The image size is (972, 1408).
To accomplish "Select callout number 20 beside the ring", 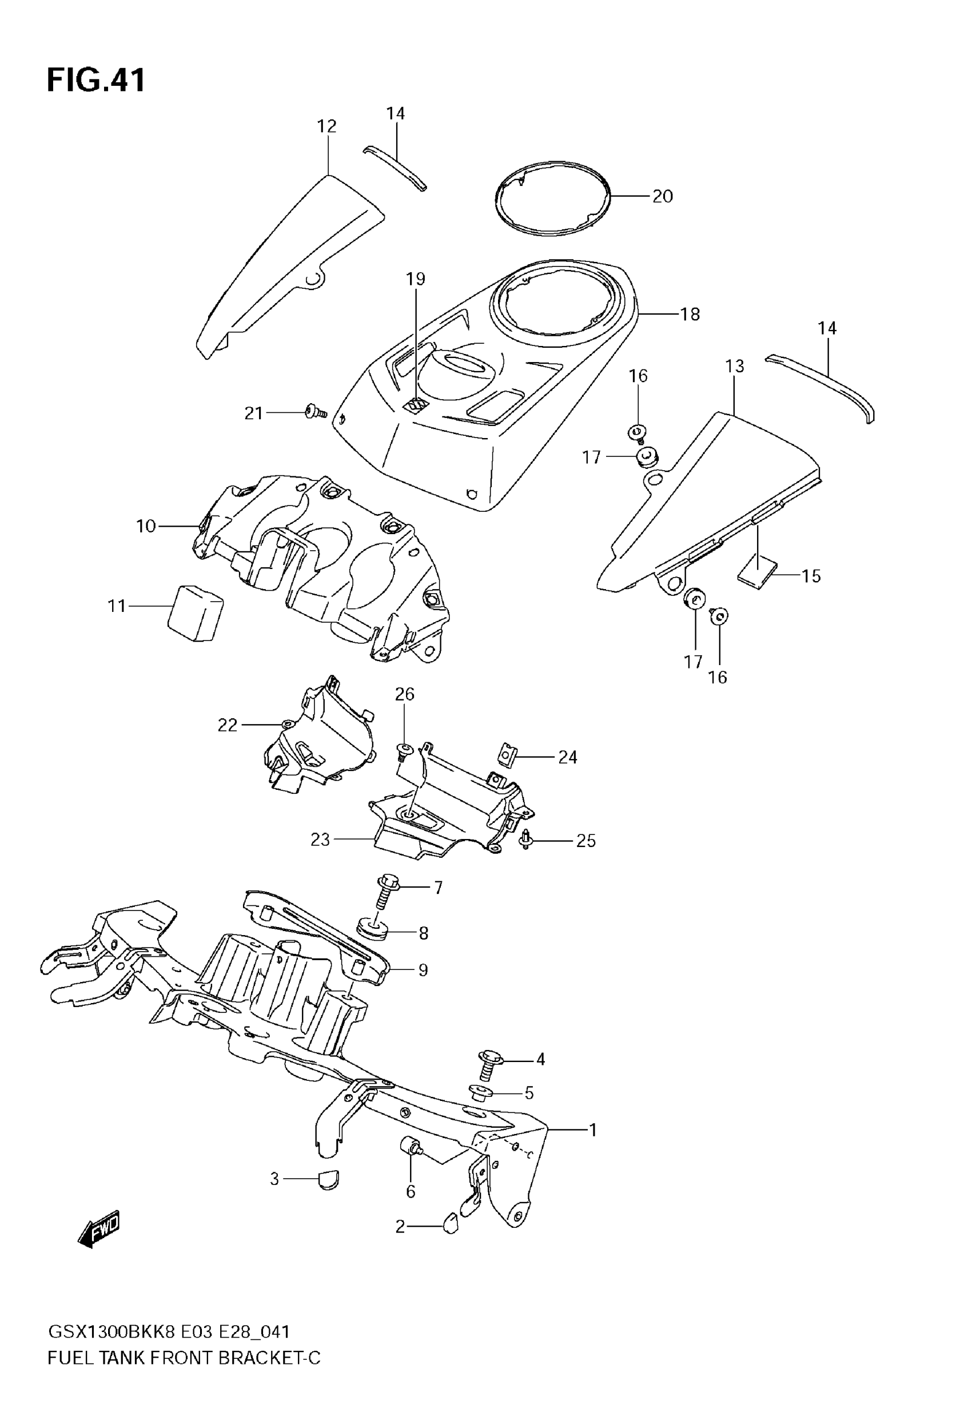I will pos(662,196).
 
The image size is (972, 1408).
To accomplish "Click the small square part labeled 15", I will pos(757,572).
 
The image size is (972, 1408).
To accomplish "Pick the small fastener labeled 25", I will pos(525,839).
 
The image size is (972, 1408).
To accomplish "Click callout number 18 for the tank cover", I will pos(690,314).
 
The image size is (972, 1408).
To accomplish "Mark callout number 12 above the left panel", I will pos(326,126).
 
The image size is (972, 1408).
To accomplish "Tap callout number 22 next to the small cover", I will pos(227,725).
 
